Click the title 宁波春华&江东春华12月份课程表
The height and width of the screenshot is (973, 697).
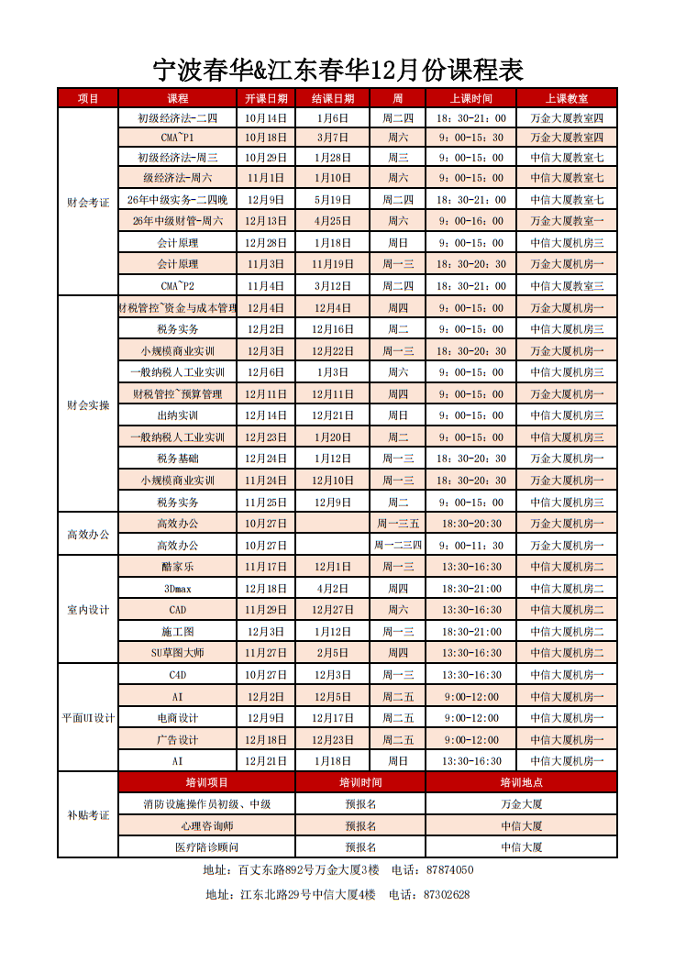click(x=338, y=70)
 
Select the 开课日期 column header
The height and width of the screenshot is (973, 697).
click(x=266, y=98)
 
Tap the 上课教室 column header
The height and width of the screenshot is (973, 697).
click(x=567, y=98)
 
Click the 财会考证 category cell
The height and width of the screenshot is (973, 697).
click(x=88, y=203)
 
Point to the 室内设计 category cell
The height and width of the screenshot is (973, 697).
click(x=88, y=610)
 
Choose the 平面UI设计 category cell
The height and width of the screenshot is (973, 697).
click(x=88, y=718)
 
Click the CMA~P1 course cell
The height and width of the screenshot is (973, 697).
click(x=177, y=138)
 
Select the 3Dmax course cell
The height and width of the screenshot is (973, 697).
click(x=177, y=589)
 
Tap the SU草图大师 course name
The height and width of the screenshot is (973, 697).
click(x=177, y=653)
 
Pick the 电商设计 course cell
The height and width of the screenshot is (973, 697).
click(x=177, y=718)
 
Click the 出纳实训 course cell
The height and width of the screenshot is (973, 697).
click(x=177, y=415)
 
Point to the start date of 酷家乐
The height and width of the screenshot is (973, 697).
click(x=266, y=567)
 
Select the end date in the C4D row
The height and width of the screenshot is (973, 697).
click(x=333, y=675)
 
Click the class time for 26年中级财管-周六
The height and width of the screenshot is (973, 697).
click(x=471, y=221)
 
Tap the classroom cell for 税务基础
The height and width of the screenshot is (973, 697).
click(x=567, y=459)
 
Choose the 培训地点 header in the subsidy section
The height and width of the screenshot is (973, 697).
click(x=521, y=782)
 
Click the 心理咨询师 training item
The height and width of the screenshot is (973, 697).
click(x=206, y=825)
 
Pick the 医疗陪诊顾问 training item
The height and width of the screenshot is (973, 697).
click(x=206, y=847)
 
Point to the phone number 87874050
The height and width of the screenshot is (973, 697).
click(x=450, y=870)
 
